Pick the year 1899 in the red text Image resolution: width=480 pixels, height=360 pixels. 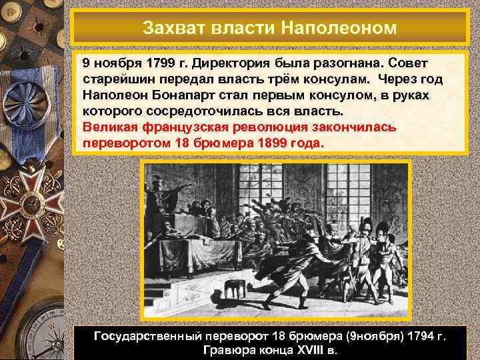(278, 143)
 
